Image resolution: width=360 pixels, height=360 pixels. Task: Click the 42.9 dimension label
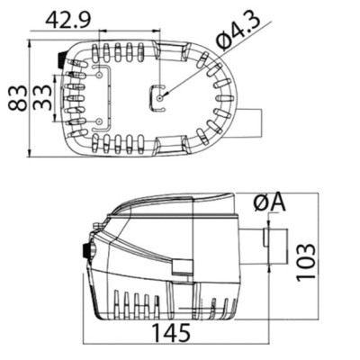pyautogui.click(x=67, y=21)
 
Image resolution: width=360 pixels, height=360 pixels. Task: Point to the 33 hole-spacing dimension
pyautogui.click(x=41, y=98)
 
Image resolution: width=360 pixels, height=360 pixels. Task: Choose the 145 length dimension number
pyautogui.click(x=172, y=333)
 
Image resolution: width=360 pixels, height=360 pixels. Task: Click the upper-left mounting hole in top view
pyautogui.click(x=99, y=75)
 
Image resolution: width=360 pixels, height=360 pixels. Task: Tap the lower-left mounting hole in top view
pyautogui.click(x=99, y=121)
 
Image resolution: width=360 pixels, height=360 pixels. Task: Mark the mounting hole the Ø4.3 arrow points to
pyautogui.click(x=160, y=98)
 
